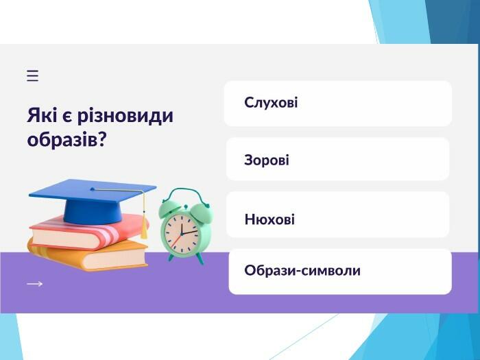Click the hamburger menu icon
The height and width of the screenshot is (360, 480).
click(32, 75)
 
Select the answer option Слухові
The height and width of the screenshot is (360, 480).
click(338, 104)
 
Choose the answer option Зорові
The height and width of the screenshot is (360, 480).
click(337, 159)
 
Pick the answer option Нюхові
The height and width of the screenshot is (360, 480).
click(337, 214)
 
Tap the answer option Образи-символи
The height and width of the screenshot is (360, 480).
click(340, 272)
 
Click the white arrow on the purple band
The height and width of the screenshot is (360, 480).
click(34, 284)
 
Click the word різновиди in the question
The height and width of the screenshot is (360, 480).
click(125, 117)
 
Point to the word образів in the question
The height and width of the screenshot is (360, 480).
click(62, 140)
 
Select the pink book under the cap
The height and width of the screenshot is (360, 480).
click(88, 232)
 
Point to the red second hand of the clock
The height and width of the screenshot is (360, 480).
click(176, 241)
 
